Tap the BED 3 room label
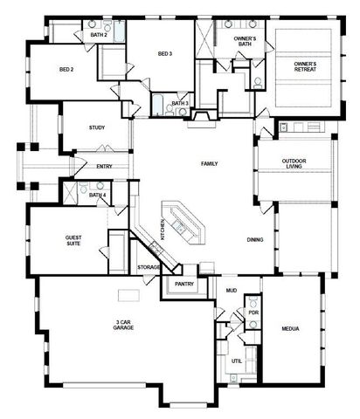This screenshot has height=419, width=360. click(164, 54)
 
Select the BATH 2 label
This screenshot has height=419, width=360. click(98, 35)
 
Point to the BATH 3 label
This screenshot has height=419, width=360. click(179, 104)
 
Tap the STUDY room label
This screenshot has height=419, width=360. click(97, 128)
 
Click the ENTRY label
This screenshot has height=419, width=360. click(105, 166)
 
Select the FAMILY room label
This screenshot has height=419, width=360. click(209, 163)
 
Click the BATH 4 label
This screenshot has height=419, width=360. click(97, 195)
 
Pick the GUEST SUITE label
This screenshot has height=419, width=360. click(74, 241)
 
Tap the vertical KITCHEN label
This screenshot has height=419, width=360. click(163, 230)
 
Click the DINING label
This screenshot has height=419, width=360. click(255, 240)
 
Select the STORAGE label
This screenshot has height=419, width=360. click(149, 267)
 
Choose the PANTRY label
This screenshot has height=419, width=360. click(183, 284)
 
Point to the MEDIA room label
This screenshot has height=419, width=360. click(291, 330)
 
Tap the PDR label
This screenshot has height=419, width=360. click(253, 312)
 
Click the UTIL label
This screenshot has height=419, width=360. click(236, 361)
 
